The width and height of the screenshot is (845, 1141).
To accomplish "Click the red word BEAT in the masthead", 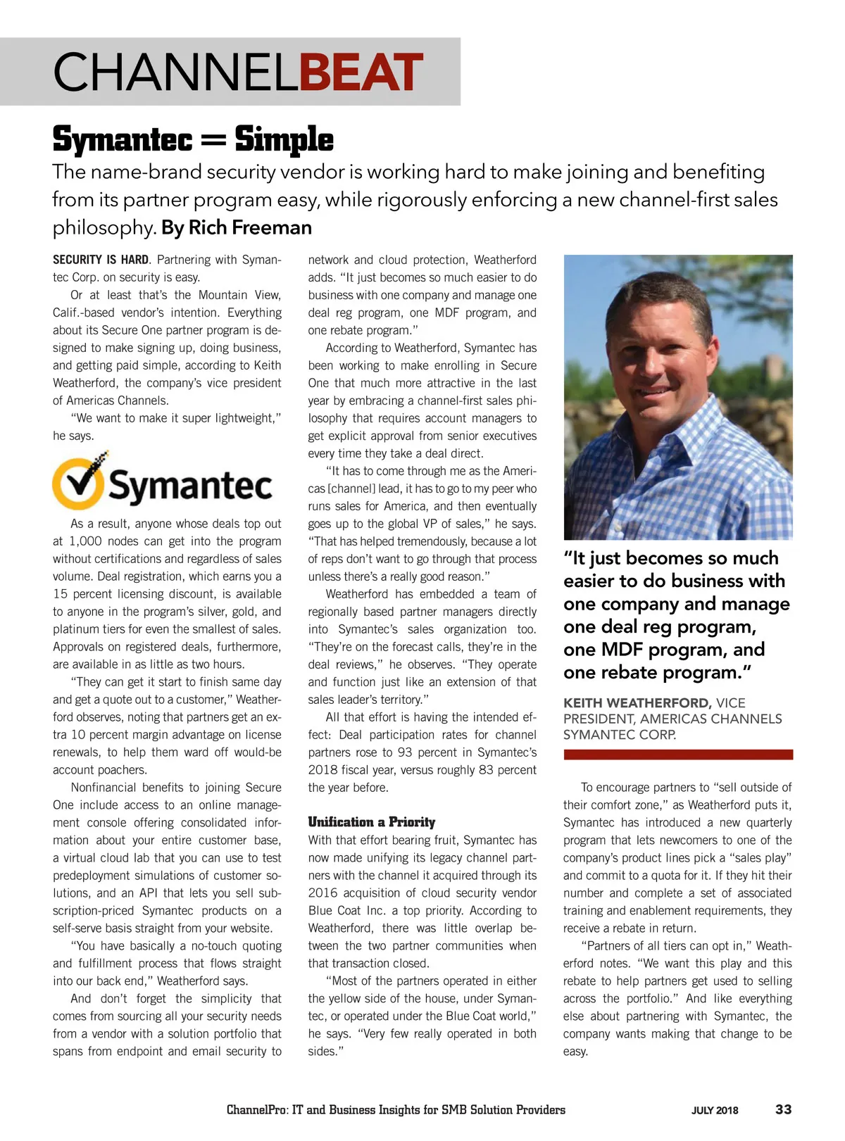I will tap(361, 73).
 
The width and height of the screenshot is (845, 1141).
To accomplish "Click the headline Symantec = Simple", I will tap(193, 139).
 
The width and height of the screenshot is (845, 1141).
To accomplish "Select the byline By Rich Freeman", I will tap(237, 228).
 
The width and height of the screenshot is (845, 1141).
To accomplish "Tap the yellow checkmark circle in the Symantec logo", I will tap(78, 484).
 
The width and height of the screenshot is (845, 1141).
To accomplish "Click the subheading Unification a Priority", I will tap(371, 822).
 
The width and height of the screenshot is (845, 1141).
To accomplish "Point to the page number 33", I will tap(783, 1110).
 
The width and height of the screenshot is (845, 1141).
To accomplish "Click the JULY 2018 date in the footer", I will tap(715, 1111).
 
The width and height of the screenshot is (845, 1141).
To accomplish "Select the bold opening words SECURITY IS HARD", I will tap(101, 260).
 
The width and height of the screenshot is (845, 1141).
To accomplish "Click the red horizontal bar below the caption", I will tap(677, 755).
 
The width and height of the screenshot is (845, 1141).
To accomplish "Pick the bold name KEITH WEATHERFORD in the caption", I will tap(637, 703).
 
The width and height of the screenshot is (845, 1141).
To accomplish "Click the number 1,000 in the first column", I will tap(85, 541).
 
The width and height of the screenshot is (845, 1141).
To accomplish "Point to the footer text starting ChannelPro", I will tap(396, 1110).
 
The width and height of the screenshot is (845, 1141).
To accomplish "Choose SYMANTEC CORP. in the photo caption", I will tap(620, 735).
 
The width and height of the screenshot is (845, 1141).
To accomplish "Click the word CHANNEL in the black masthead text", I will tap(176, 73).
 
